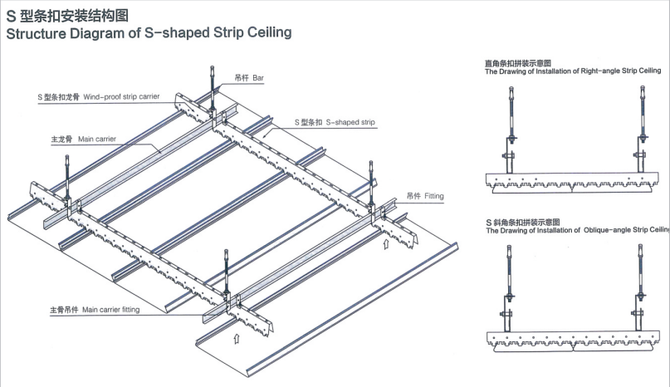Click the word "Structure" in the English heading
[38, 34]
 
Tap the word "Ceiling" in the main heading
[267, 34]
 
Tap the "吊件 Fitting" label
[425, 197]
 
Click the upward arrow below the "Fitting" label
[386, 244]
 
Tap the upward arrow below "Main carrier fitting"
[237, 338]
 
